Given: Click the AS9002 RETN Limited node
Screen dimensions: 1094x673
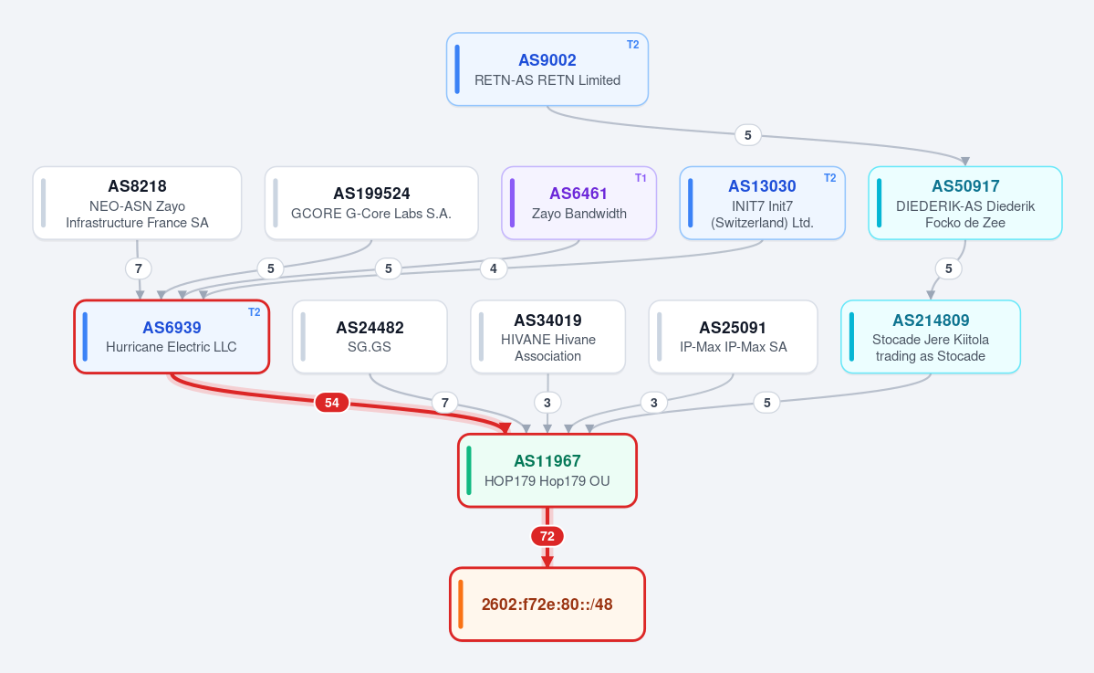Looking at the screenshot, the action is click(547, 69).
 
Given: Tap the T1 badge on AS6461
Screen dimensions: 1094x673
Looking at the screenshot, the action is click(641, 178).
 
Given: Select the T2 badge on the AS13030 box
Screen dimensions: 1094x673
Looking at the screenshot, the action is click(829, 178).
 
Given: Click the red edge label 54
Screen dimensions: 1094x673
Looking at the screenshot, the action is click(331, 402).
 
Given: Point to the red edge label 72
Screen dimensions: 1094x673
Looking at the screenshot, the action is click(547, 536).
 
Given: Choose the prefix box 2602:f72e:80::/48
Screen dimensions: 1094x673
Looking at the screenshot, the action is click(547, 604).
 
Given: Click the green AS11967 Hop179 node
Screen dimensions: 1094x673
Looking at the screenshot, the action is click(547, 470).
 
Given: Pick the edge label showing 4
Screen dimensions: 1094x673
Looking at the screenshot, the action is click(494, 268).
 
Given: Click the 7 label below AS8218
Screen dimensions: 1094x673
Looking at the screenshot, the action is click(138, 268).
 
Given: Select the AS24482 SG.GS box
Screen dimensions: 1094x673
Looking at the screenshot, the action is click(370, 336).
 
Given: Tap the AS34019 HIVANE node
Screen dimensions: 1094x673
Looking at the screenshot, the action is click(547, 336).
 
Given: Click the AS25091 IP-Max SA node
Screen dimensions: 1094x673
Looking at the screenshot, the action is click(733, 336).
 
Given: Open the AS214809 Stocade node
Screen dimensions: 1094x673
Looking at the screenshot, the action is click(931, 336).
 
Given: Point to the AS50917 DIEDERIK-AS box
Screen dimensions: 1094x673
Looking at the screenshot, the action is click(965, 203).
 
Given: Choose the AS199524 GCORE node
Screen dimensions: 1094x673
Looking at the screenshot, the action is click(371, 203).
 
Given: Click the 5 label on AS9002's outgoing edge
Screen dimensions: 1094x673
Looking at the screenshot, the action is click(748, 135).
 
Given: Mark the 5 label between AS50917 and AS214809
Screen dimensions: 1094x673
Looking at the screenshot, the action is click(948, 268).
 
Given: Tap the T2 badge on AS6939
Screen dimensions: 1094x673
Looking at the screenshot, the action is click(254, 312).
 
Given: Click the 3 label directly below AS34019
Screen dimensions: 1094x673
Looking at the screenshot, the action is click(547, 402).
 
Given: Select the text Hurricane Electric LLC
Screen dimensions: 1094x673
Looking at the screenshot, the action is click(171, 347).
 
